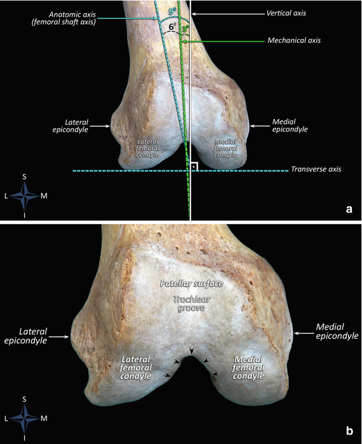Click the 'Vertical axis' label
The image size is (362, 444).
[x=287, y=13]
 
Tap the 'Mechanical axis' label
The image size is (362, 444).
[x=294, y=40]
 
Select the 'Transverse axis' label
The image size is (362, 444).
[x=316, y=170]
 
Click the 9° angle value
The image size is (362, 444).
[x=172, y=10]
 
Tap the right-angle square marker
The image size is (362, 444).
[x=194, y=166]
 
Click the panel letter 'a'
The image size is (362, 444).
[x=348, y=209]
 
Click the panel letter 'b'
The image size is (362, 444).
[x=349, y=431]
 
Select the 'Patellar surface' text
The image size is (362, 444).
[x=192, y=283]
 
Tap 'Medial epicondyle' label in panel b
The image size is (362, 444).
[x=337, y=331]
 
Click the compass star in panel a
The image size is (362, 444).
[x=24, y=196]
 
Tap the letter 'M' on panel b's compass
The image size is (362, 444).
[x=44, y=418]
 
